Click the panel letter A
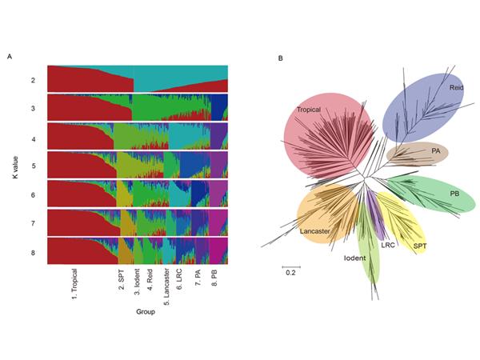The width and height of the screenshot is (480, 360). (x=10, y=57)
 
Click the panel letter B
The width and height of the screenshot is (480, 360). (x=279, y=58)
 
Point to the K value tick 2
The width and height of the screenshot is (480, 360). (x=32, y=80)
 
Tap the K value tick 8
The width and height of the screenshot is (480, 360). (x=32, y=251)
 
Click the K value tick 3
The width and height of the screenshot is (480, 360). (x=32, y=108)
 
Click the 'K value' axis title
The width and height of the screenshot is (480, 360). (x=15, y=166)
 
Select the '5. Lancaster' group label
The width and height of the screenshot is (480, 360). (x=166, y=286)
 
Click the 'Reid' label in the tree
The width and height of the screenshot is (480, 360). (x=456, y=87)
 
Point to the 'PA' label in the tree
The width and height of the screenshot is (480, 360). (x=436, y=150)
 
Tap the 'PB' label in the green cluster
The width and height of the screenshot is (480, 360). (x=454, y=193)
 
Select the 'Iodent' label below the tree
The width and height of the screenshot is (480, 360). (x=355, y=258)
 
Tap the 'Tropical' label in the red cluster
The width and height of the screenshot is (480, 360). (x=310, y=110)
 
